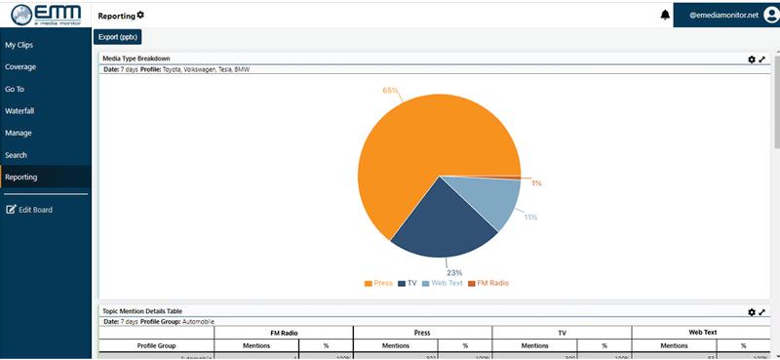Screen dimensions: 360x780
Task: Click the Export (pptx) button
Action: click(118, 37)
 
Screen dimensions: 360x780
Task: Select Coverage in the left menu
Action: click(19, 67)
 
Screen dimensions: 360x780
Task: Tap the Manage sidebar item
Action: click(18, 133)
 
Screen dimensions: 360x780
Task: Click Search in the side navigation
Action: click(16, 155)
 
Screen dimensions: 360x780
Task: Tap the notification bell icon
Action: click(666, 15)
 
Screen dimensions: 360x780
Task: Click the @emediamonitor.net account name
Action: click(723, 15)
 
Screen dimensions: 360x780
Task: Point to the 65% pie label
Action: click(391, 91)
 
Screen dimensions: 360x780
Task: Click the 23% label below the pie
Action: click(454, 272)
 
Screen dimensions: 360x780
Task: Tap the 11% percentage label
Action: click(530, 217)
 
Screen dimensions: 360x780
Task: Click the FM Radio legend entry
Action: click(487, 283)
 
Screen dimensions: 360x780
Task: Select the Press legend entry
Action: click(378, 283)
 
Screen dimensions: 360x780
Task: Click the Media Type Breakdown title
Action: click(136, 59)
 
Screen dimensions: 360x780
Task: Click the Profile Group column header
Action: click(156, 345)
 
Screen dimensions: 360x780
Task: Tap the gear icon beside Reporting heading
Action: click(140, 15)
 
